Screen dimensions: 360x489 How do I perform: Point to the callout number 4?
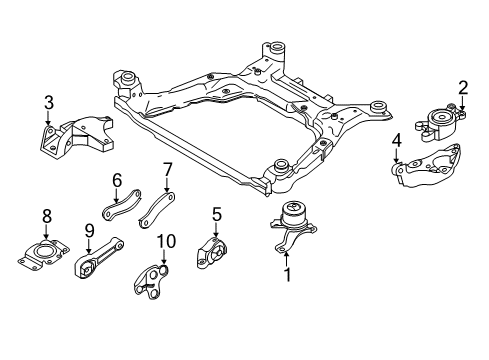click(x=397, y=142)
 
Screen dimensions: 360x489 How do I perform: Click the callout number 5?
click(x=215, y=213)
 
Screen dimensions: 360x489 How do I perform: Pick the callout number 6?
click(x=116, y=180)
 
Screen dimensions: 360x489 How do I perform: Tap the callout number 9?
click(x=88, y=229)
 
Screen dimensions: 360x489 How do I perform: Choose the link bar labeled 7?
click(x=157, y=205)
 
